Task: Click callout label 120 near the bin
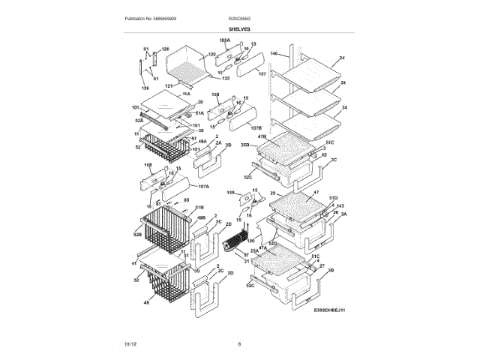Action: (x=212, y=55)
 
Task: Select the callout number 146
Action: (x=274, y=54)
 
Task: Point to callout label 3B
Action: (x=330, y=268)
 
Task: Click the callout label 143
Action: (x=340, y=205)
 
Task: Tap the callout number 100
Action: (x=251, y=240)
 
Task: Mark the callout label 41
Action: (x=135, y=263)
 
